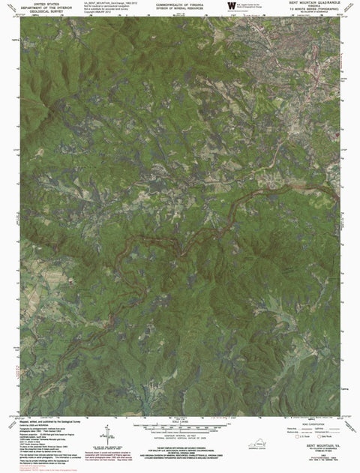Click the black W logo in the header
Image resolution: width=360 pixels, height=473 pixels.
click(x=230, y=7)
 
